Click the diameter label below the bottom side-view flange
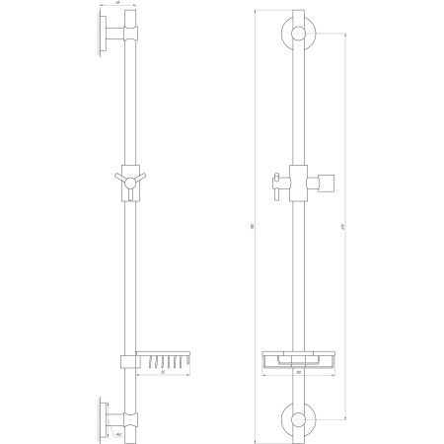[117, 432]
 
